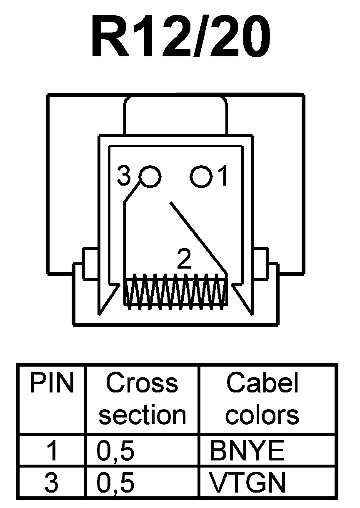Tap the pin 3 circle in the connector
click(150, 176)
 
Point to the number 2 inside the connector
click(184, 259)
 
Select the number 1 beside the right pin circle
click(223, 176)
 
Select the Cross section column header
click(142, 399)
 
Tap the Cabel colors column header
click(263, 399)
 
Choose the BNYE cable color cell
click(247, 451)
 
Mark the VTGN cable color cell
click(247, 483)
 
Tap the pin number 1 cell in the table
click(52, 451)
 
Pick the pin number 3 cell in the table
click(52, 483)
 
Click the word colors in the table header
click(263, 415)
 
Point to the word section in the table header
click(142, 415)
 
